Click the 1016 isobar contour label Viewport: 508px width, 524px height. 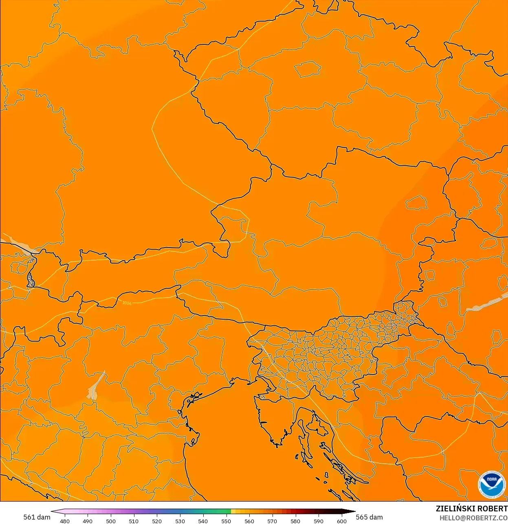(127, 303)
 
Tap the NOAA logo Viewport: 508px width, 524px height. (491, 485)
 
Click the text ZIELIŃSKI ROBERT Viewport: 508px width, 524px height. (471, 509)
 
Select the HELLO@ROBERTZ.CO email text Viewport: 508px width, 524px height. (473, 518)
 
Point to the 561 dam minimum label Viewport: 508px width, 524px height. (37, 517)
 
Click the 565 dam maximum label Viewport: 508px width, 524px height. (369, 517)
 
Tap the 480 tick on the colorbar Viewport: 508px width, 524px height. (65, 521)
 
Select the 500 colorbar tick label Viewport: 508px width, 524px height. (111, 521)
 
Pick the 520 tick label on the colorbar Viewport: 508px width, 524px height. (157, 521)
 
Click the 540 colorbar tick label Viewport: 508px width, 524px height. (203, 521)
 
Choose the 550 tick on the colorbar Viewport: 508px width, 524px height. (226, 521)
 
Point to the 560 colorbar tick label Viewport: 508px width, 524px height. (249, 521)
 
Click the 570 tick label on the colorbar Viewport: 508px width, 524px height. (272, 521)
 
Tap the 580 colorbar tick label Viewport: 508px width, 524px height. (295, 521)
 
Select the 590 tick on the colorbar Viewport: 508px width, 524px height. (319, 521)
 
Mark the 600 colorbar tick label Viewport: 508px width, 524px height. (342, 521)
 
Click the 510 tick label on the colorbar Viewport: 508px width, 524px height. (134, 521)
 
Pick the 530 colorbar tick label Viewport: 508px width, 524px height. (180, 521)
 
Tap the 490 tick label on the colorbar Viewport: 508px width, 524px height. (88, 521)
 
